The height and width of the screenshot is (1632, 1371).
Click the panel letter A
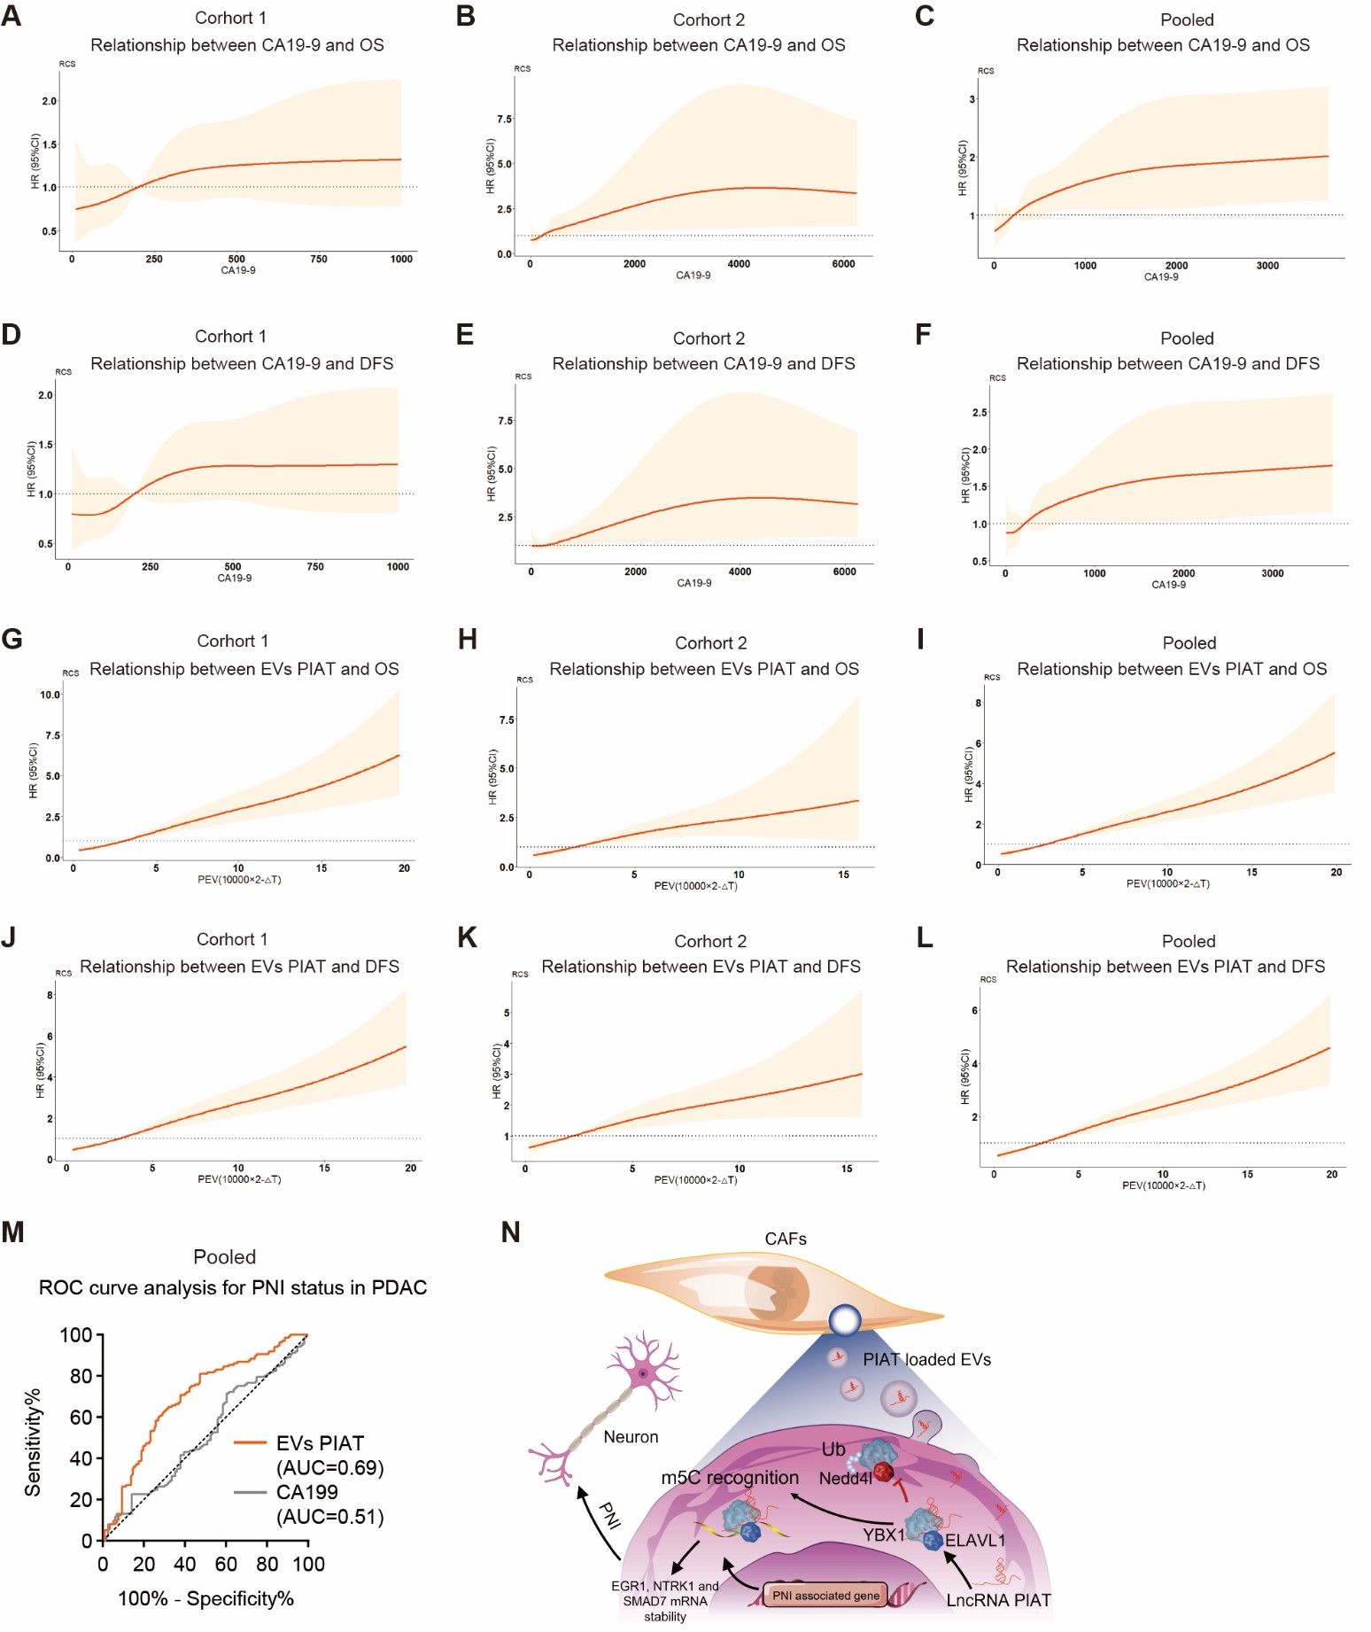(x=12, y=16)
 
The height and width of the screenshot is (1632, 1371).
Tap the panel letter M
(x=12, y=1232)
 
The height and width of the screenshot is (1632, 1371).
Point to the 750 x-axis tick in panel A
(x=319, y=260)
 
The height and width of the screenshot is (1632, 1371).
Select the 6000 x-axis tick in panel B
(x=843, y=264)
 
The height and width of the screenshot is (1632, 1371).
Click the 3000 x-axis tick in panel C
(x=1267, y=266)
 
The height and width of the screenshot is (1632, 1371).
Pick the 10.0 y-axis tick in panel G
(x=50, y=695)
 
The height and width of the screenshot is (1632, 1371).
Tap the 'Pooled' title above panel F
(x=1187, y=338)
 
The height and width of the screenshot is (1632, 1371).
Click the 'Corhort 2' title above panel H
(x=710, y=643)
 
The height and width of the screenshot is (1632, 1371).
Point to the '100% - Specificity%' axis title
(x=205, y=1598)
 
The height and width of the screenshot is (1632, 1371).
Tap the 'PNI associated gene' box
(x=825, y=1596)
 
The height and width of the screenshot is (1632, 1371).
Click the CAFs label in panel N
(x=786, y=1239)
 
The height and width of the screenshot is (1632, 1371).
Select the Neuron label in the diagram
(x=631, y=1437)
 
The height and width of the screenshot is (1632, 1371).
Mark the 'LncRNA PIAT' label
(x=998, y=1600)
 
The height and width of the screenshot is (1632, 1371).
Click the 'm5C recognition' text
(x=730, y=1478)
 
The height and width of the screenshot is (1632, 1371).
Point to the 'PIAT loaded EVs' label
(x=926, y=1359)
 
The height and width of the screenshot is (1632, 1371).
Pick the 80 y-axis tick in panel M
(x=81, y=1376)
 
